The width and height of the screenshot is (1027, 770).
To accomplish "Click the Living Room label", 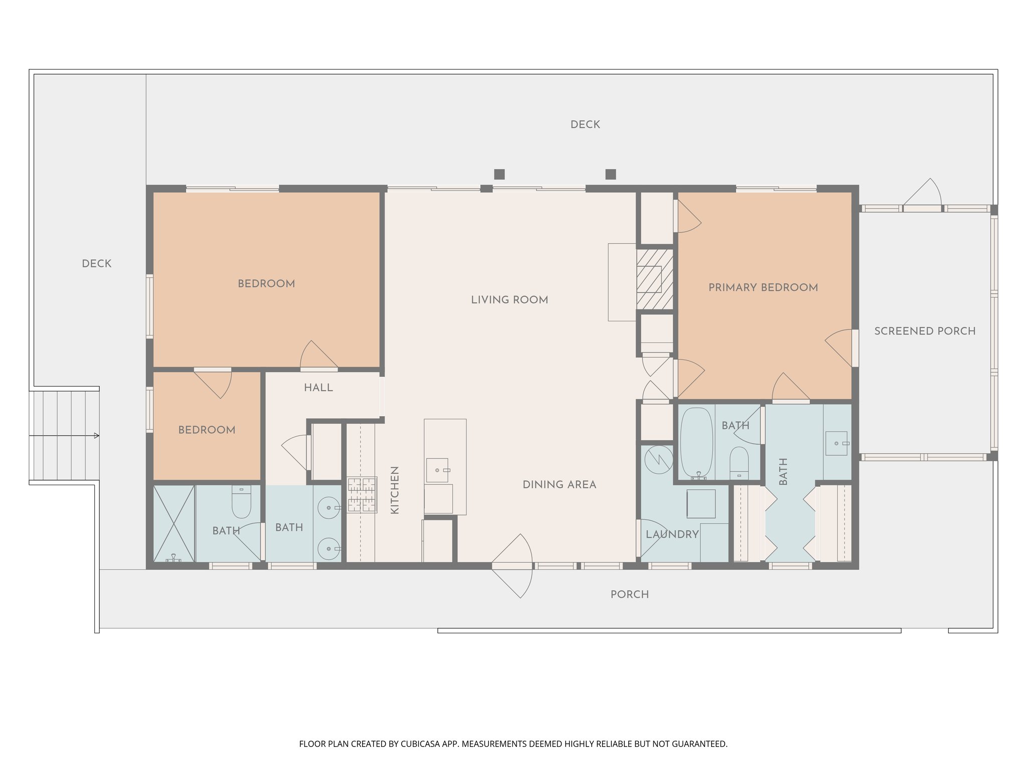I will [x=509, y=300].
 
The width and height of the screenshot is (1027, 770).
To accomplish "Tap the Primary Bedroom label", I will [x=763, y=287].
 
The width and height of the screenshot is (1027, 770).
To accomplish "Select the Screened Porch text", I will [x=925, y=331].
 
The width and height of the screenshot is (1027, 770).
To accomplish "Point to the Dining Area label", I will [x=559, y=485].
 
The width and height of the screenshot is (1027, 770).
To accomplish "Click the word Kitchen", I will [x=395, y=490].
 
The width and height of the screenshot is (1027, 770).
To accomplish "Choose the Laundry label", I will [x=672, y=534].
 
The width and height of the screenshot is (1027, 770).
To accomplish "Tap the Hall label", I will [x=318, y=388].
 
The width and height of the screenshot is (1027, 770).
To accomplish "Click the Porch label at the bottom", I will [x=629, y=595].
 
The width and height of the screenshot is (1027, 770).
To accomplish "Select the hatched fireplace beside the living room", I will [x=654, y=279].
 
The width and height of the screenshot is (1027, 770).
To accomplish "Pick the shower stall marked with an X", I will [x=174, y=523].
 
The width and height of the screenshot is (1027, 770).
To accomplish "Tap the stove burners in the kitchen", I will [x=362, y=495].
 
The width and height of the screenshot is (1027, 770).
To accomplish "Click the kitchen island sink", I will [x=437, y=470].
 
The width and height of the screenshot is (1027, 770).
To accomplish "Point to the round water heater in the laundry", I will [x=658, y=459].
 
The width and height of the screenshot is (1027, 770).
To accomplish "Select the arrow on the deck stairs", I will [x=96, y=436].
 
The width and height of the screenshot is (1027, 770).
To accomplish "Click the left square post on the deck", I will [x=499, y=174].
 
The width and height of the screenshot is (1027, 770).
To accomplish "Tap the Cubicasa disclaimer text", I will [x=513, y=744].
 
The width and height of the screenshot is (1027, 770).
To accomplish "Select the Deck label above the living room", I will [x=585, y=125].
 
